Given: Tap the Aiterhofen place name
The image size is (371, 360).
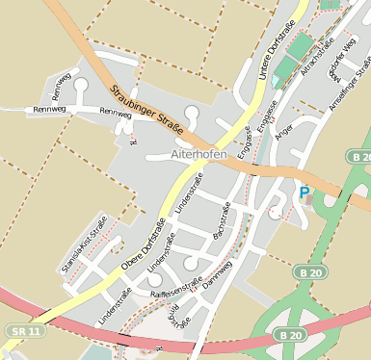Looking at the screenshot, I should (198, 153).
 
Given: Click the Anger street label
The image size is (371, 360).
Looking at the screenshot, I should (283, 140).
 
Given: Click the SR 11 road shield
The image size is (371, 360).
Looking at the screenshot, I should (23, 330).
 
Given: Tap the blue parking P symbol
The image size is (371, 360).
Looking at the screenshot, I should (305, 193).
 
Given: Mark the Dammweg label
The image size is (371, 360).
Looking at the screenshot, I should (218, 276).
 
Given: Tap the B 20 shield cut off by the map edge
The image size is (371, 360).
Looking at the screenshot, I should (360, 157).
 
